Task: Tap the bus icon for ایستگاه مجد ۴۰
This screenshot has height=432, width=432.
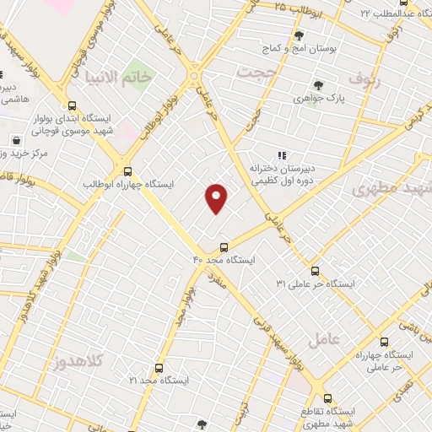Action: tap(224, 247)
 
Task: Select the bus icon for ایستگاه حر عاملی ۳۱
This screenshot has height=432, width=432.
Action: tap(315, 271)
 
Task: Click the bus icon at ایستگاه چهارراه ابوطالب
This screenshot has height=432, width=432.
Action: tap(127, 170)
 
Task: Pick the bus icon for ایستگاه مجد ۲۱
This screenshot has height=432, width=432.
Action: tap(159, 369)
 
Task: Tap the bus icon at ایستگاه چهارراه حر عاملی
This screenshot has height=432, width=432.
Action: tap(385, 343)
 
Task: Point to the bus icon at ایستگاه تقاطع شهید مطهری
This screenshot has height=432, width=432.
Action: tap(327, 397)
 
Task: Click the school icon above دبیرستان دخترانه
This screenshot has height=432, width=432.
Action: tap(281, 155)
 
